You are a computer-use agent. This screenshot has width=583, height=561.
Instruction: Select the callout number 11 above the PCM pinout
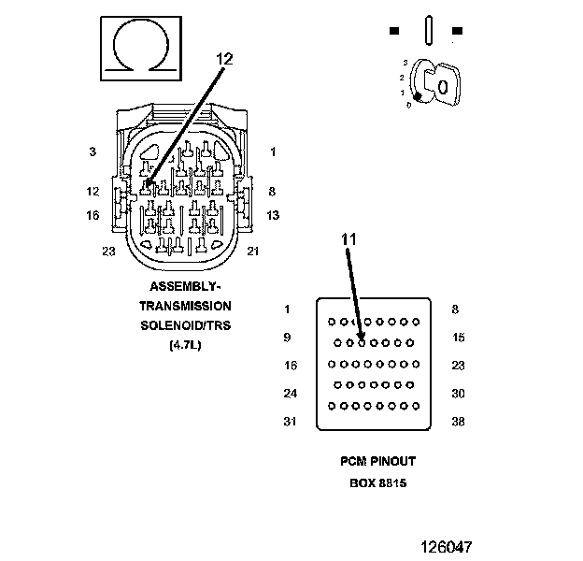tap(348, 239)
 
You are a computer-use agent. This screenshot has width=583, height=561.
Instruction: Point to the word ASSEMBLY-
tap(185, 286)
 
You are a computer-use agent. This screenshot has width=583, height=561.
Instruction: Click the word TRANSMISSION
tap(185, 306)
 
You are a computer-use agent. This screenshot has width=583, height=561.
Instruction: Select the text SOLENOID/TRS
tap(185, 325)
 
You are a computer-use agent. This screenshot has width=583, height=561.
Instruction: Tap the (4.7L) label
tap(185, 345)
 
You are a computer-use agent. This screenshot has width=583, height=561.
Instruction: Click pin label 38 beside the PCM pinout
tap(458, 422)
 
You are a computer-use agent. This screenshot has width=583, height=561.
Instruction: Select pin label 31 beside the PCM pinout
tap(290, 422)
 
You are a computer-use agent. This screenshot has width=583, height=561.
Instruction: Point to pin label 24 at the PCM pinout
tap(290, 394)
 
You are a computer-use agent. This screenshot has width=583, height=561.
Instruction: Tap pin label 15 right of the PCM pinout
tap(458, 338)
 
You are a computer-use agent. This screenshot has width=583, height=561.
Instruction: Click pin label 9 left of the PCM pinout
tap(287, 338)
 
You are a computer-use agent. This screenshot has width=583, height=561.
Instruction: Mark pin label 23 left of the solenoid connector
tap(108, 251)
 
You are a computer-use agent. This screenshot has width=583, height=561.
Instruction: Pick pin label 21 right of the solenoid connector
tap(252, 251)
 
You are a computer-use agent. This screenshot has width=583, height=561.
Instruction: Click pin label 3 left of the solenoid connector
tap(92, 151)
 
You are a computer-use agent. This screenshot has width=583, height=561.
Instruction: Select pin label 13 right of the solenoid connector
tap(273, 215)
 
